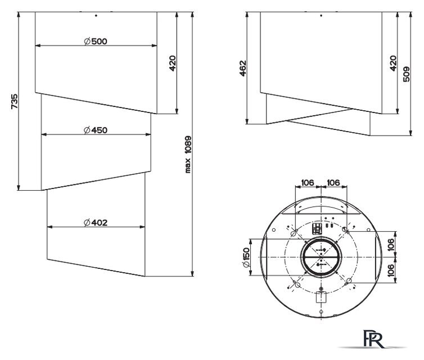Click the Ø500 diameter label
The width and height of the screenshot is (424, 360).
(96, 42)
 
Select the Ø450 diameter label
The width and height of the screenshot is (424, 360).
(96, 130)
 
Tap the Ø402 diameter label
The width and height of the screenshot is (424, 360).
(96, 223)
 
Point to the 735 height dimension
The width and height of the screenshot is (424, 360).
(14, 101)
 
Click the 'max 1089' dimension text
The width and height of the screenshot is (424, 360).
(188, 154)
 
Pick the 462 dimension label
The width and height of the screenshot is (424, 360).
(242, 68)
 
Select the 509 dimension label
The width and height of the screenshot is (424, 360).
(406, 74)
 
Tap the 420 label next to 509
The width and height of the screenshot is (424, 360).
(393, 64)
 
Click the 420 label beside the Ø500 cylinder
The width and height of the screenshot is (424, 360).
(173, 64)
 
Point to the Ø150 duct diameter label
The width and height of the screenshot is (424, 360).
(246, 257)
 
